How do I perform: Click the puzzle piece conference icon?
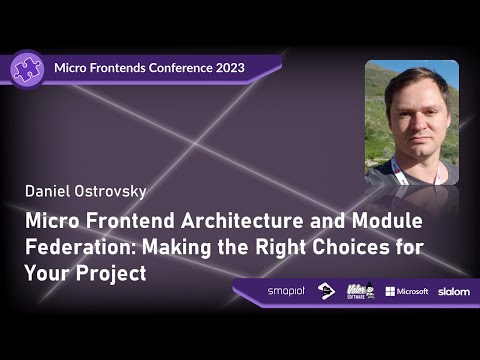[x=27, y=69]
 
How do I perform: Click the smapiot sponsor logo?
[x=287, y=291]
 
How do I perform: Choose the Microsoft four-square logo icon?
[x=391, y=291]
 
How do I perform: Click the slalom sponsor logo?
[x=453, y=291]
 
